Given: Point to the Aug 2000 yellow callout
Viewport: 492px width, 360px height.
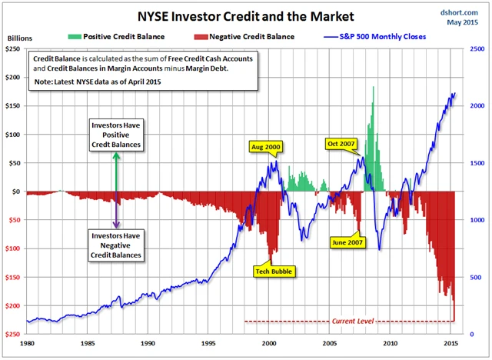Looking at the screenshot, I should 266,145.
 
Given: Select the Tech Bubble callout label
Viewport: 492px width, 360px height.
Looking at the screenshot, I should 274,271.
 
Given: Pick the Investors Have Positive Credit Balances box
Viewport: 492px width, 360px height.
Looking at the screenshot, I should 117,134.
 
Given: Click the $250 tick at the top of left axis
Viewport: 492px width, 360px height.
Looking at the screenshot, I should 13,48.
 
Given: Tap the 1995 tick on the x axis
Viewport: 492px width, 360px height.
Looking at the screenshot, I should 208,344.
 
